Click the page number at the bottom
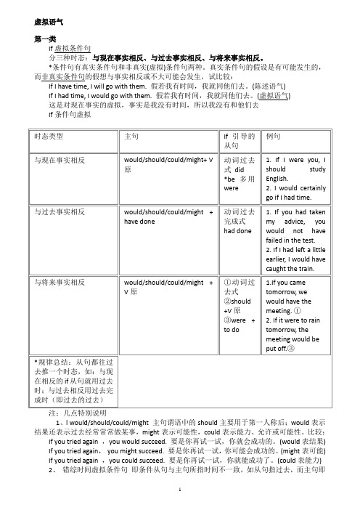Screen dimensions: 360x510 coord(180,491)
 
